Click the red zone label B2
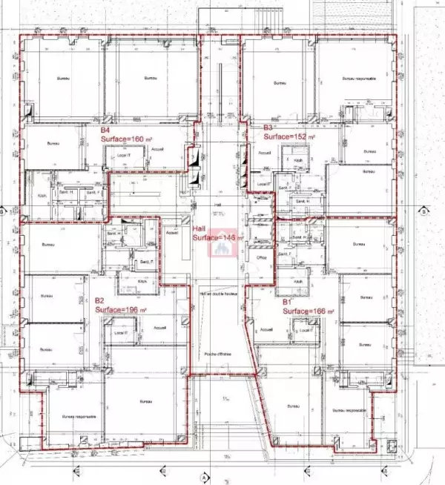[99, 300]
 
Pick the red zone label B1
[286, 302]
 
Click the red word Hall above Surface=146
[199, 220]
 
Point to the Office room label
[262, 257]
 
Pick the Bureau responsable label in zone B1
[350, 410]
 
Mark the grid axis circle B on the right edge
[423, 211]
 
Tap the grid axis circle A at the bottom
[202, 478]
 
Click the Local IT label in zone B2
[123, 332]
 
